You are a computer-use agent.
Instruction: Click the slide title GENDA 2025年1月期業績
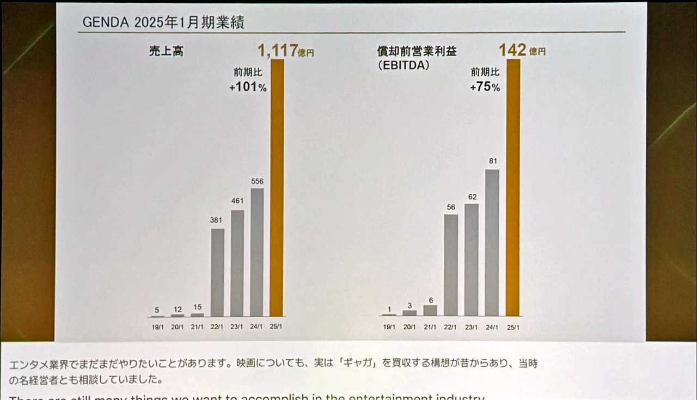click(163, 22)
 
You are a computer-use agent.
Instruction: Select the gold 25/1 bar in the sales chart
click(277, 188)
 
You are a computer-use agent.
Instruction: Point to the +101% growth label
click(248, 87)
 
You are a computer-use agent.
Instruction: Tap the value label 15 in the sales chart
click(198, 307)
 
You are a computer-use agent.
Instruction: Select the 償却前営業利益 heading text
click(417, 51)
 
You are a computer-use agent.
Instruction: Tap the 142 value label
click(512, 51)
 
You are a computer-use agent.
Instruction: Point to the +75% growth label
click(485, 87)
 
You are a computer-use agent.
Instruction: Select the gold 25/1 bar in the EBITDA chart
click(513, 188)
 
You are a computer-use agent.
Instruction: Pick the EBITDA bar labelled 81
click(492, 243)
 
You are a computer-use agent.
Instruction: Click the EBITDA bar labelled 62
click(472, 260)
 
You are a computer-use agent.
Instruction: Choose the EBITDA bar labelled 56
click(451, 265)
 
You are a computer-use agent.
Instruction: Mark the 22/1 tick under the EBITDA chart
click(451, 327)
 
